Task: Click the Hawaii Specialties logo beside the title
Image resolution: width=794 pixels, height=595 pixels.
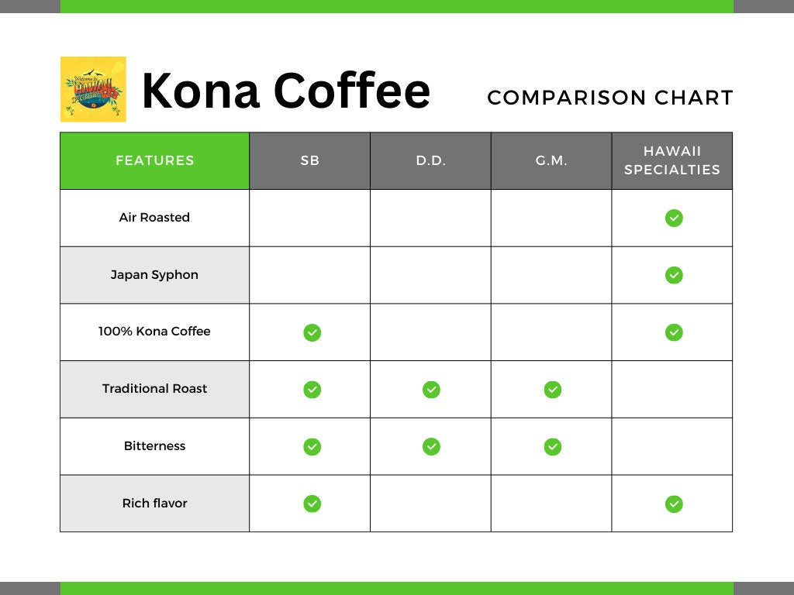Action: tap(93, 89)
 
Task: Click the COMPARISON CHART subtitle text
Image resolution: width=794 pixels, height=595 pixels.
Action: tap(610, 98)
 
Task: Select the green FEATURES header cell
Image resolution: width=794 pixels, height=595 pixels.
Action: tap(155, 161)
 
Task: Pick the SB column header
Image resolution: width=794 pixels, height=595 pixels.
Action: tap(310, 161)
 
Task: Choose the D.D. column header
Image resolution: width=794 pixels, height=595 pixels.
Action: tap(430, 161)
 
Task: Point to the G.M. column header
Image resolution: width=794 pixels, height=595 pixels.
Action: tap(551, 161)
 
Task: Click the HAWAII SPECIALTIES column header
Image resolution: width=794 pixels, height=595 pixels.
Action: tap(672, 161)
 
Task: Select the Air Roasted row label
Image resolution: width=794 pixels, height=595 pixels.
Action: tap(154, 218)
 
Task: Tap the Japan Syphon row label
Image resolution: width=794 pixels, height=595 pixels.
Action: tap(154, 275)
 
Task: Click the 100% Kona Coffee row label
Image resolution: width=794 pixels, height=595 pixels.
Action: tap(154, 332)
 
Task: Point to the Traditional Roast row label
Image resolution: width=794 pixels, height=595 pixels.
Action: tap(154, 389)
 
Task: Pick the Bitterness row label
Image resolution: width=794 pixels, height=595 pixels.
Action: tap(154, 446)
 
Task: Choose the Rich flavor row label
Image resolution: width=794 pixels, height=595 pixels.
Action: tap(154, 504)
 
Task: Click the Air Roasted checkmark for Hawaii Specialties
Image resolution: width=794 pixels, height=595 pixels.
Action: tap(674, 218)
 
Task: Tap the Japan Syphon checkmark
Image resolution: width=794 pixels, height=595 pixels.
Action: tap(674, 275)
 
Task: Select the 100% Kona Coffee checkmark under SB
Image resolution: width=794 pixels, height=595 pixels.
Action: tap(312, 332)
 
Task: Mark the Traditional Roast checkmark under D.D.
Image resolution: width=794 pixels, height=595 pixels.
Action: tap(431, 390)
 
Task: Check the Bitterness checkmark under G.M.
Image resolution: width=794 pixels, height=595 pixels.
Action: tap(552, 447)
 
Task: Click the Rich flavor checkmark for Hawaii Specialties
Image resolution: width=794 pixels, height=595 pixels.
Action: tap(674, 504)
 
